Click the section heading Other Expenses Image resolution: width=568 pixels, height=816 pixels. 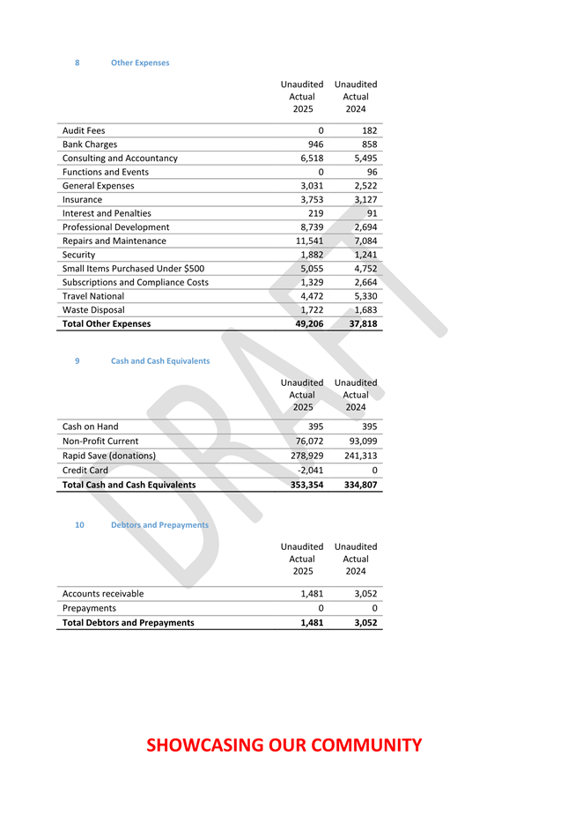coord(140,63)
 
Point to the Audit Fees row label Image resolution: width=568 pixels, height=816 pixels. coord(84,130)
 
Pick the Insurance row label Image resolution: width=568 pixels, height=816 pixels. coord(82,199)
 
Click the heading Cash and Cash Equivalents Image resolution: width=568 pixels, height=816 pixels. coord(160,360)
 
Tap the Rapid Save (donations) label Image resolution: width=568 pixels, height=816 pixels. coord(108,456)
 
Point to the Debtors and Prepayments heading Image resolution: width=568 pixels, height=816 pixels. coord(159,524)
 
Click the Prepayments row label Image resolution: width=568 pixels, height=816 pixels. coord(89,608)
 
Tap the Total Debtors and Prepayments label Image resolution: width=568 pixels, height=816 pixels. coord(129,623)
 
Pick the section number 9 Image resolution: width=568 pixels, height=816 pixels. coord(77,360)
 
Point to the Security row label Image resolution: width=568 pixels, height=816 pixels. coord(79,255)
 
